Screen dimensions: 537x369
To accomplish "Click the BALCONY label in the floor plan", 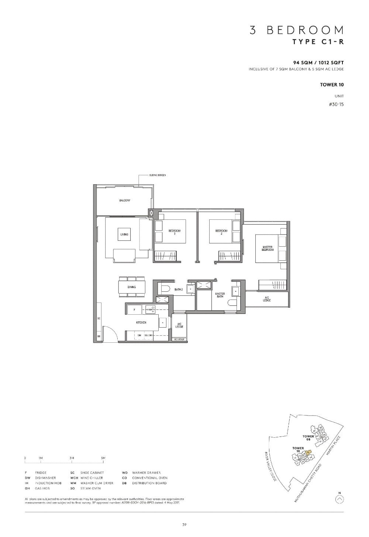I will pyautogui.click(x=124, y=201).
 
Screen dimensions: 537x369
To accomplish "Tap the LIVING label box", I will pyautogui.click(x=124, y=235).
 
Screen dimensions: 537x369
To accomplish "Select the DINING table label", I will pyautogui.click(x=132, y=287).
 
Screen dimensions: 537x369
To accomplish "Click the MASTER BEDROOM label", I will pyautogui.click(x=268, y=249).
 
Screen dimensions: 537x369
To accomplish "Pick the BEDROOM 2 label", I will pyautogui.click(x=221, y=232).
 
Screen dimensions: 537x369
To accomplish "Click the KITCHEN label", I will pyautogui.click(x=141, y=322).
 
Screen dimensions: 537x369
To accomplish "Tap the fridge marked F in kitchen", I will pyautogui.click(x=135, y=309).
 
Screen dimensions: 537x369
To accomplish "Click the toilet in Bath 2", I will pyautogui.click(x=165, y=289).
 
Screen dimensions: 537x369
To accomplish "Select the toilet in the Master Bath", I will pyautogui.click(x=232, y=303).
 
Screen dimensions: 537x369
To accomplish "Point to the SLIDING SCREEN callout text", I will pyautogui.click(x=158, y=175).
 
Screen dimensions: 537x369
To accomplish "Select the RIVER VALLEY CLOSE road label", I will pyautogui.click(x=271, y=466).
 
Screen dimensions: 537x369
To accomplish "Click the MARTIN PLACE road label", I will pyautogui.click(x=334, y=445).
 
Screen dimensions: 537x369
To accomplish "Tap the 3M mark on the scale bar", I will pyautogui.click(x=72, y=458).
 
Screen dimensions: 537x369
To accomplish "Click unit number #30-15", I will pyautogui.click(x=336, y=104).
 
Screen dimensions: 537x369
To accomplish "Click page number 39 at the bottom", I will pyautogui.click(x=184, y=524).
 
